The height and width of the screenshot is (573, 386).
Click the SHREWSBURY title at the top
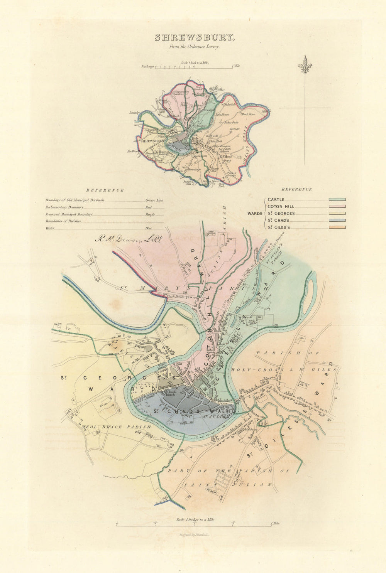click(194, 37)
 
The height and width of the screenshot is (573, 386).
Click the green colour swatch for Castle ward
click(337, 200)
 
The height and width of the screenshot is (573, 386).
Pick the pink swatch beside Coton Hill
click(337, 207)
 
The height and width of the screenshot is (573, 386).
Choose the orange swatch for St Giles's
click(337, 228)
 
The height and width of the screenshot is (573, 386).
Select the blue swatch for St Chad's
click(337, 221)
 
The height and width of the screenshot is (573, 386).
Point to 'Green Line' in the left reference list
click(154, 201)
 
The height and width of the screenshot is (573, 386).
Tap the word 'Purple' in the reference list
click(150, 214)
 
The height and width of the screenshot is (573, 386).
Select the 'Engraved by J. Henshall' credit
click(194, 535)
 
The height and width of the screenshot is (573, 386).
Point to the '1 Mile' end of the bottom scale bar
click(274, 523)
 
